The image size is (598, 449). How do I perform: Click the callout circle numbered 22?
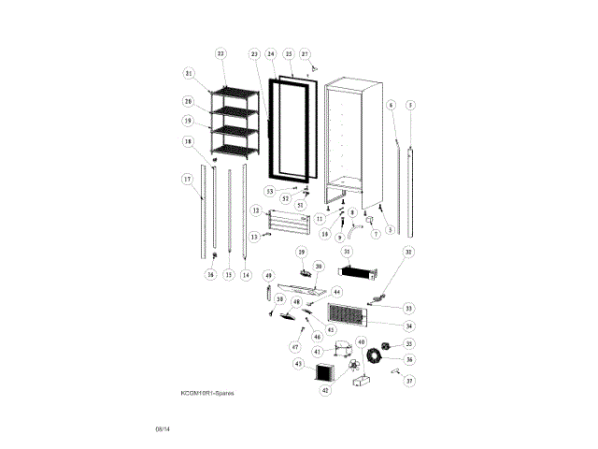click(x=221, y=54)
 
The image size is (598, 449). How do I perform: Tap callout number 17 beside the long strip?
click(x=187, y=179)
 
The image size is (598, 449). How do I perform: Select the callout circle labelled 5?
click(x=410, y=104)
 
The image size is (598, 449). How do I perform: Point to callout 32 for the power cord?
click(x=407, y=252)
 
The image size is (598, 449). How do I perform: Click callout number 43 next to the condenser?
click(x=298, y=363)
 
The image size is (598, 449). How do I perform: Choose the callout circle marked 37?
click(x=408, y=381)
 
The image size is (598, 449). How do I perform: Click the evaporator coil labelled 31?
click(x=357, y=272)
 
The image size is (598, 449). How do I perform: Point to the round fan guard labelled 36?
click(x=377, y=356)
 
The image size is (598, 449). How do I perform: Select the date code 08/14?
click(x=163, y=429)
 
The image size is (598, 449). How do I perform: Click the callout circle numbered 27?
click(x=305, y=54)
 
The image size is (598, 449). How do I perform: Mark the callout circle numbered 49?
click(x=267, y=276)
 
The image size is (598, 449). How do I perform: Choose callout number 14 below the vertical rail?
click(x=246, y=275)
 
